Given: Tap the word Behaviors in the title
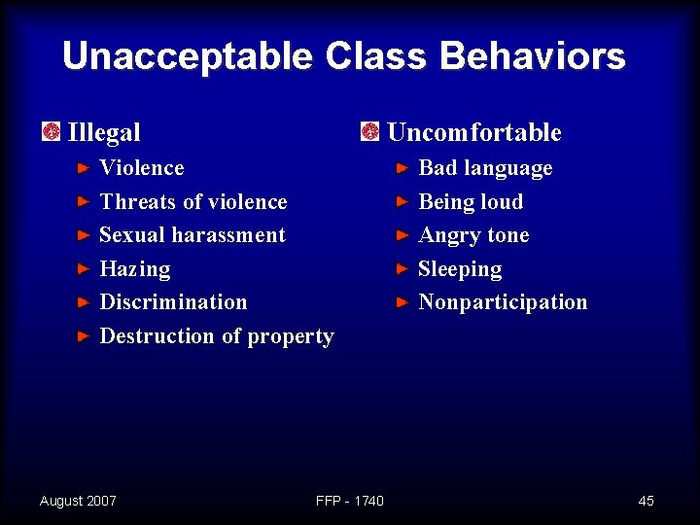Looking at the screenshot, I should click(x=532, y=56).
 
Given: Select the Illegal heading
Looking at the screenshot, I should click(x=104, y=132).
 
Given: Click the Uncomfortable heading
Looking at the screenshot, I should click(x=473, y=132).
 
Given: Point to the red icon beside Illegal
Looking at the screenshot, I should click(x=52, y=131).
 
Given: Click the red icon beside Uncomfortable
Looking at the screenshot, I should click(x=370, y=131).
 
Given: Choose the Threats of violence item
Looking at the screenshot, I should click(x=193, y=202).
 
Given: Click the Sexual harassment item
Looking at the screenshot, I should click(x=192, y=235).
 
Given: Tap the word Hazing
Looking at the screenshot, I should click(x=135, y=269).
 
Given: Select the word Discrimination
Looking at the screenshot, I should click(x=173, y=302).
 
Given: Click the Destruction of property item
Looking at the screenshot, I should click(x=217, y=336).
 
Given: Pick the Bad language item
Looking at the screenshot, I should click(x=485, y=168).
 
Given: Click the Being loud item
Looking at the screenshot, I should click(x=471, y=202).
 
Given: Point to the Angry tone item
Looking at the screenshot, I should click(x=473, y=236).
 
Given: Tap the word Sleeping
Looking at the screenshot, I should click(x=460, y=269).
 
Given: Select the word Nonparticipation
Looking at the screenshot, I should click(x=503, y=302).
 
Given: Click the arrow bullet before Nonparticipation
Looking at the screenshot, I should click(x=402, y=302).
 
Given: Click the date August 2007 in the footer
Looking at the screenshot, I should click(x=78, y=501).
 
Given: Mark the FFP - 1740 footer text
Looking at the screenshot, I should click(x=350, y=501).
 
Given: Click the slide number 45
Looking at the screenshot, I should click(x=646, y=501).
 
